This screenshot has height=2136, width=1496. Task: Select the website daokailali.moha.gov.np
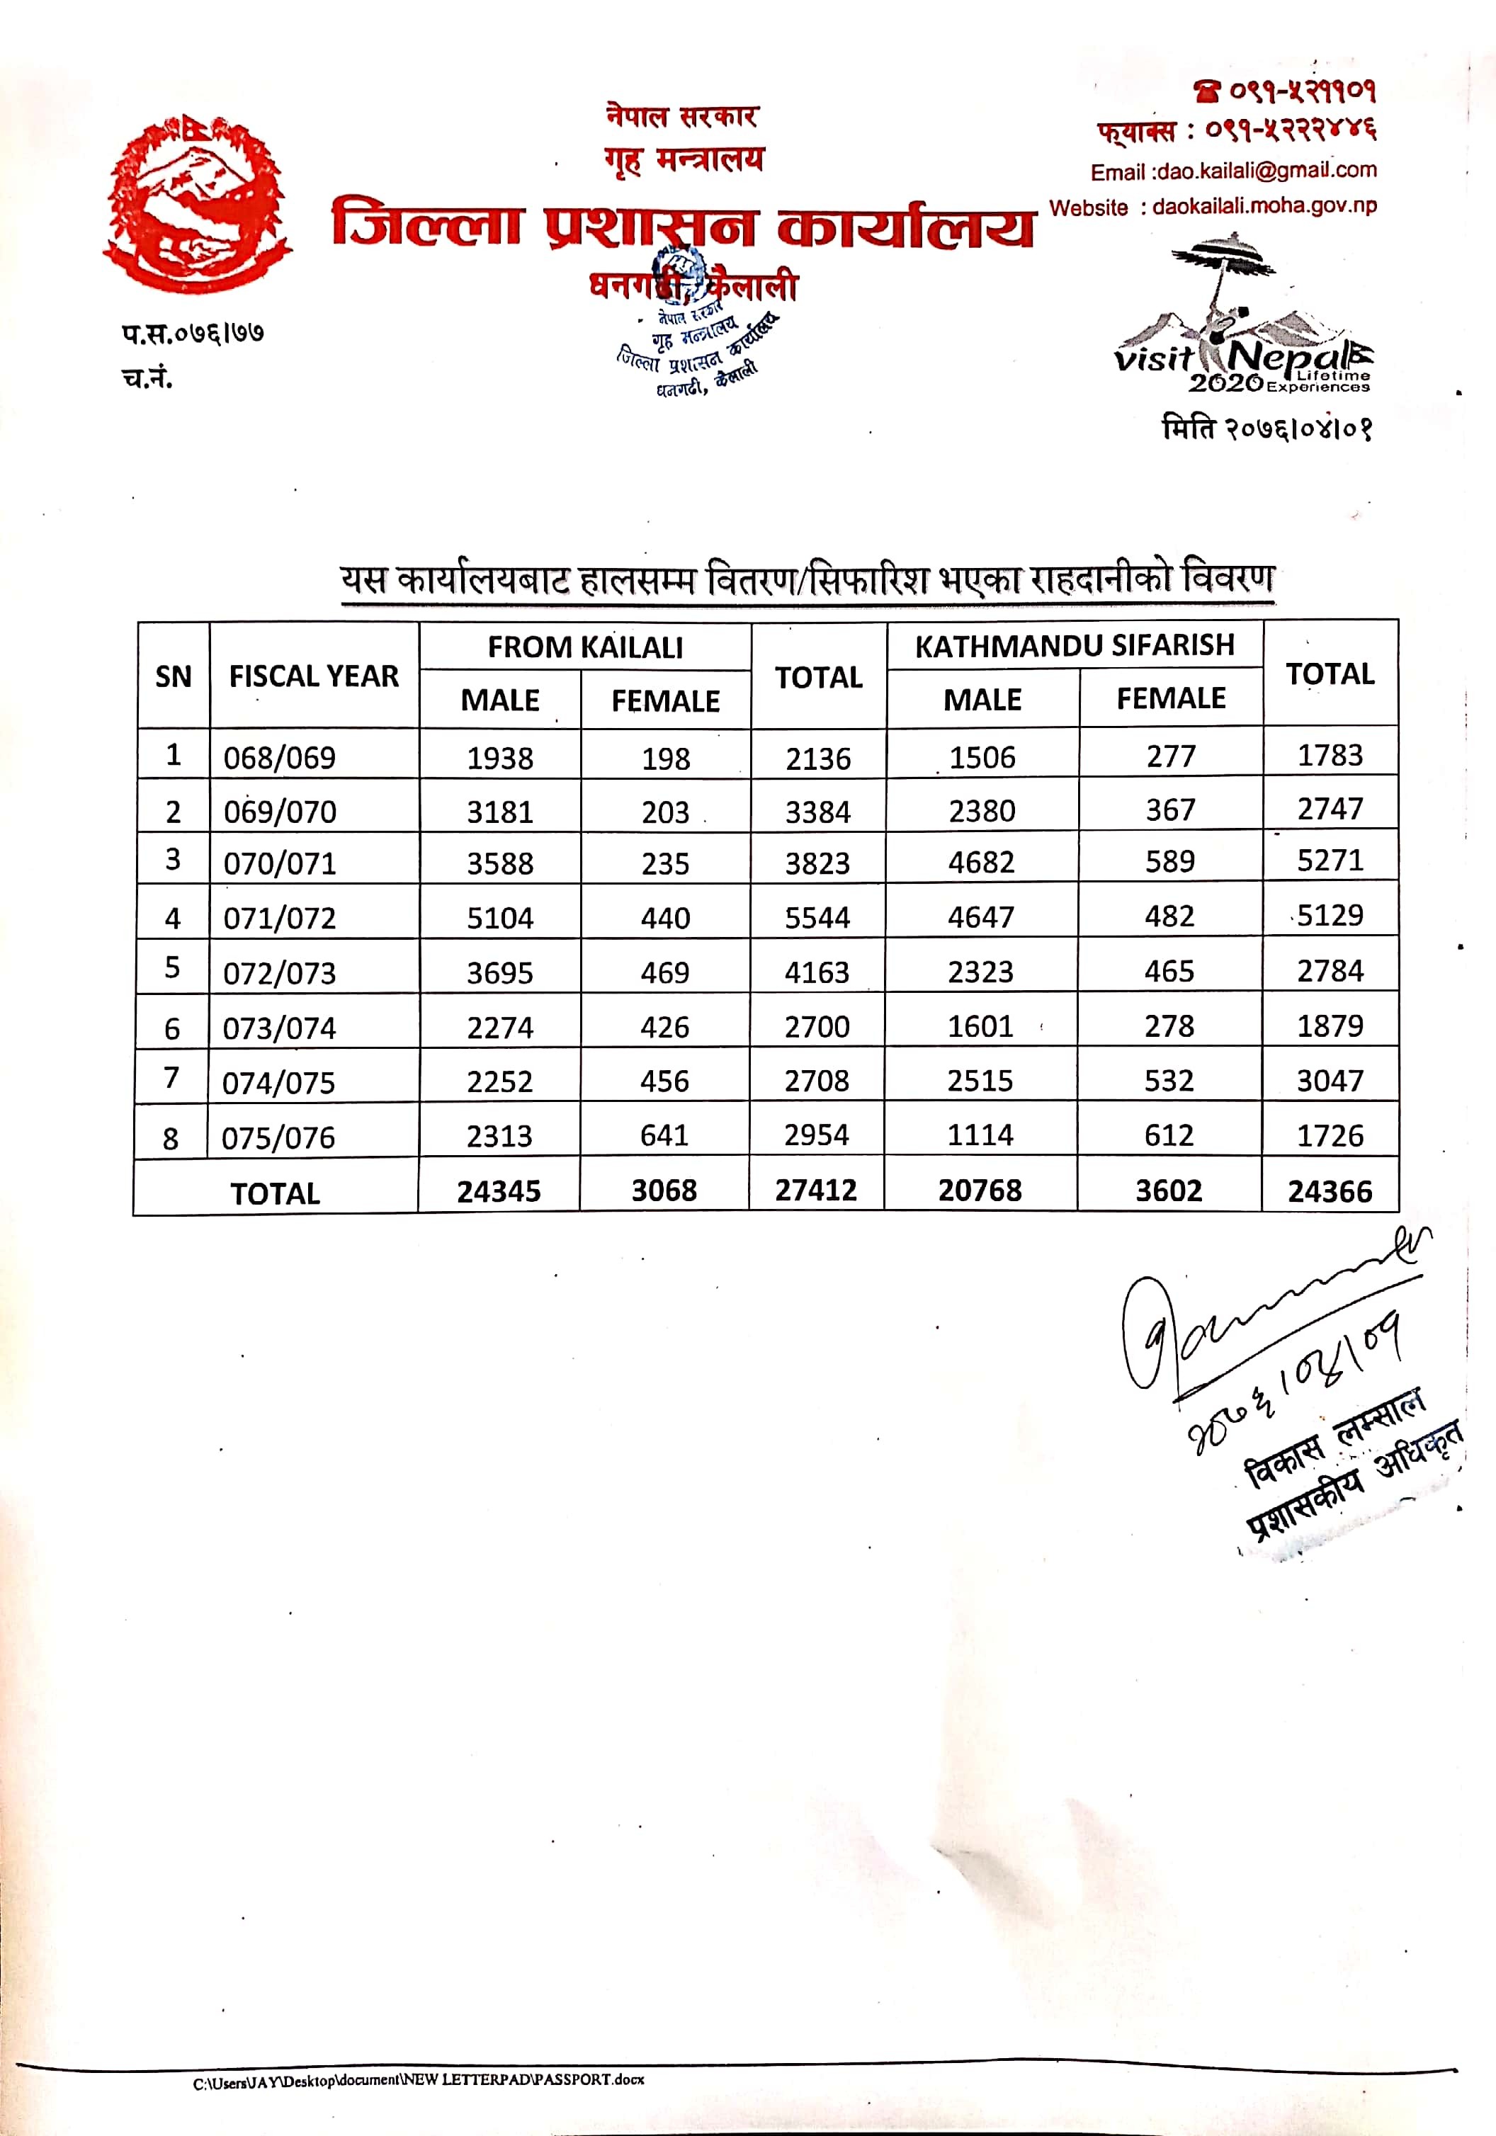(x=1264, y=207)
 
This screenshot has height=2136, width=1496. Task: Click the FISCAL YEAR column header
(x=314, y=676)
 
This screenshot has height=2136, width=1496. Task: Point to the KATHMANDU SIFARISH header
(x=1075, y=646)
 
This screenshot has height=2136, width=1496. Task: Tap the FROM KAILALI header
(x=585, y=647)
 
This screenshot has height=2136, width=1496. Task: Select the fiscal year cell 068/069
(x=279, y=757)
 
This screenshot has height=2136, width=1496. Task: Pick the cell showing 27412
(x=816, y=1190)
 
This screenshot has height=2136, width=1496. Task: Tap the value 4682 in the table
(x=982, y=863)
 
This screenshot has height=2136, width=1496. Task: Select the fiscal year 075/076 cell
(x=278, y=1137)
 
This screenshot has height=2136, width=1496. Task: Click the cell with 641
(x=664, y=1135)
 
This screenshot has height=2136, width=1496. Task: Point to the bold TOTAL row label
(x=276, y=1193)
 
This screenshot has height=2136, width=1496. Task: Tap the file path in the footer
(x=418, y=2080)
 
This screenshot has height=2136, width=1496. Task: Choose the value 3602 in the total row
(x=1169, y=1191)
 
